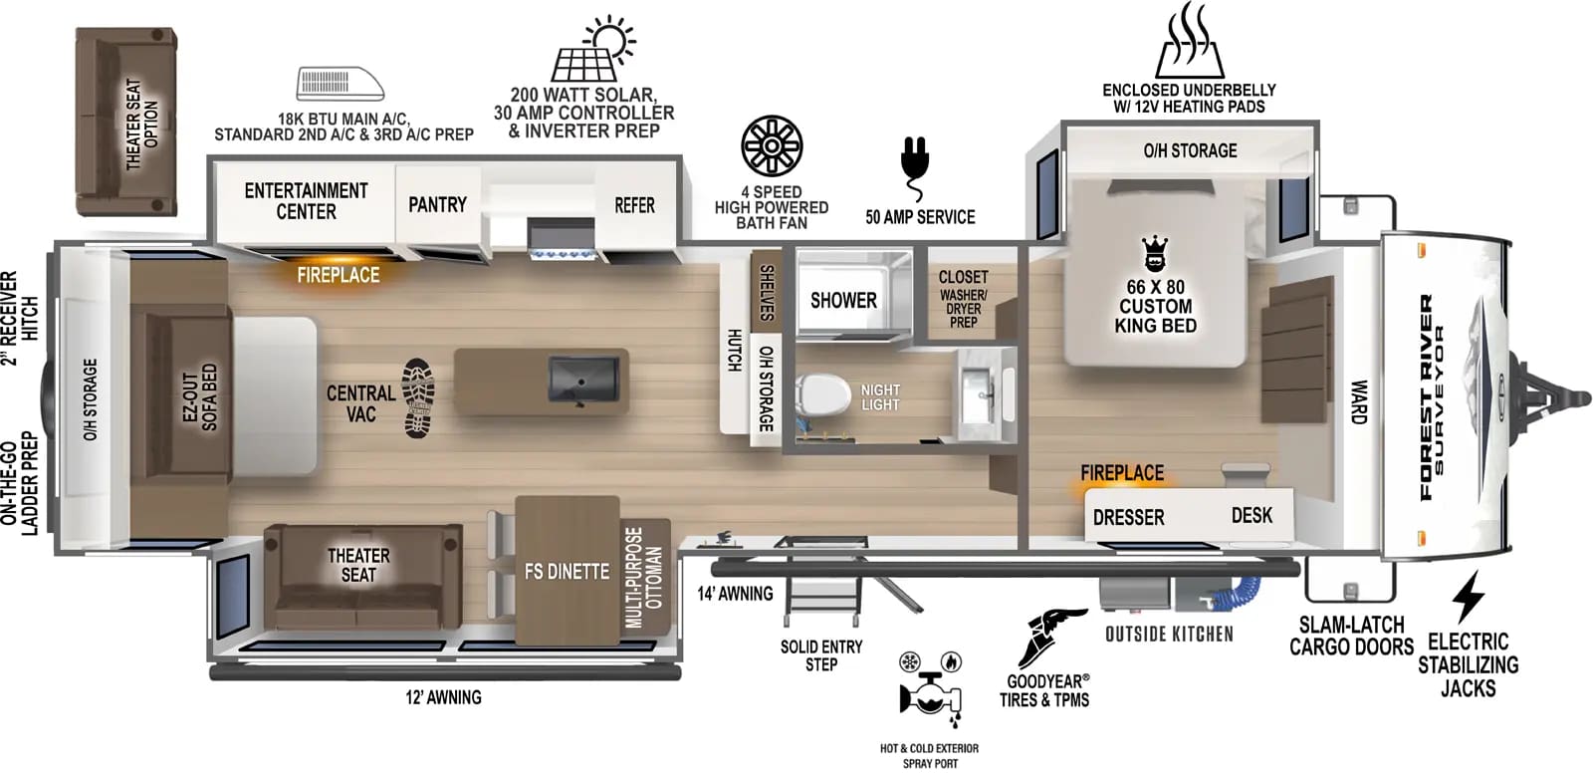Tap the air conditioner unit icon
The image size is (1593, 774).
pyautogui.click(x=341, y=84)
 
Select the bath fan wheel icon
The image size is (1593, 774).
pyautogui.click(x=772, y=146)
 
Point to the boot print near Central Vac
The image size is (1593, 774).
pyautogui.click(x=419, y=397)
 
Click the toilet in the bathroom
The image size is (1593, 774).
pyautogui.click(x=820, y=395)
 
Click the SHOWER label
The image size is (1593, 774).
pyautogui.click(x=843, y=300)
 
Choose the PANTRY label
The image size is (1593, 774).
pyautogui.click(x=437, y=204)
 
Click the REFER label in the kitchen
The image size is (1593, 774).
pyautogui.click(x=634, y=205)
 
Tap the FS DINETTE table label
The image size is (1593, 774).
pyautogui.click(x=567, y=571)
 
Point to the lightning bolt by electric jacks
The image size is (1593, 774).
pyautogui.click(x=1468, y=598)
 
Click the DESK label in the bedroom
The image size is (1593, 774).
pyautogui.click(x=1252, y=515)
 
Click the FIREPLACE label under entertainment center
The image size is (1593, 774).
pyautogui.click(x=339, y=275)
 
